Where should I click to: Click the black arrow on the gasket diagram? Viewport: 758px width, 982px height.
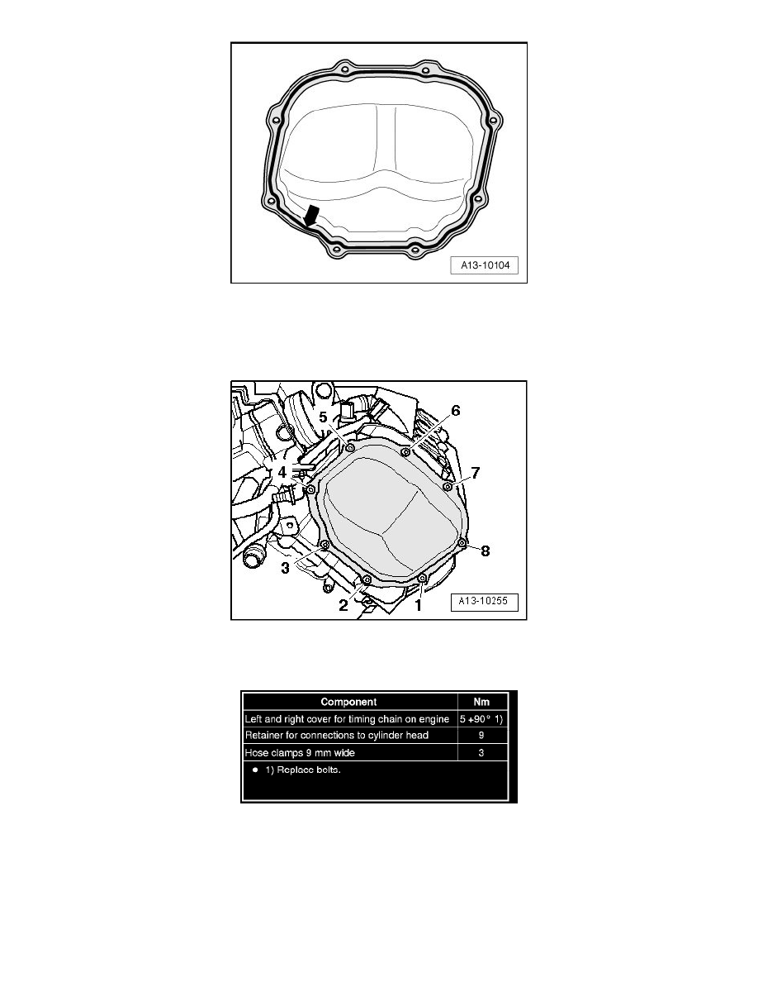click(310, 216)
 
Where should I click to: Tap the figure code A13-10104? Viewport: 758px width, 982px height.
click(486, 265)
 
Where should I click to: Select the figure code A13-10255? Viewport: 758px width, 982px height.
click(483, 601)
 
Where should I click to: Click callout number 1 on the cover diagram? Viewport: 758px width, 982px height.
click(419, 605)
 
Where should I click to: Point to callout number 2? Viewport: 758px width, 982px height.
click(343, 605)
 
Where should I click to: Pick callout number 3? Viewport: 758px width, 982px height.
click(285, 569)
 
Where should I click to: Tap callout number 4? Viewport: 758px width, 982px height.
click(282, 472)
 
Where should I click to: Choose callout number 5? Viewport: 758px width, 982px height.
click(324, 417)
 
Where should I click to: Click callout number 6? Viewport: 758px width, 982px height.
click(455, 411)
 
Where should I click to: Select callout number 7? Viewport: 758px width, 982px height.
click(476, 473)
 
